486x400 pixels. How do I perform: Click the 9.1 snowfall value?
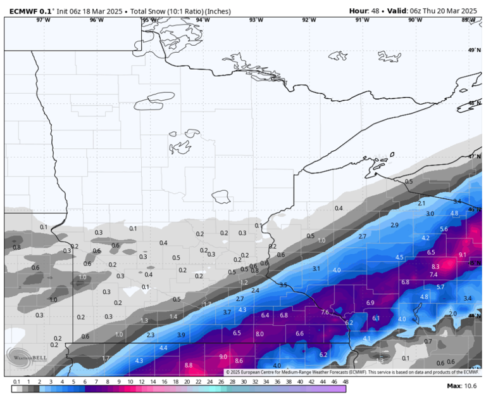tap(462, 255)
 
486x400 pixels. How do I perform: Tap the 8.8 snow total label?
tap(189, 365)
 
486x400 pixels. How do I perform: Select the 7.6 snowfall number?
tap(325, 312)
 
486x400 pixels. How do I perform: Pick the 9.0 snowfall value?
tap(223, 357)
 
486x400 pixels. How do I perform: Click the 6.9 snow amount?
tap(370, 303)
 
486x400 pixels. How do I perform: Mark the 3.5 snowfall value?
tap(283, 286)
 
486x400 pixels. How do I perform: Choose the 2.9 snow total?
tap(395, 225)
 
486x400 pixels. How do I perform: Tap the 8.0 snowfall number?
tap(259, 333)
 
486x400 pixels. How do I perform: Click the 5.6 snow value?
tap(444, 229)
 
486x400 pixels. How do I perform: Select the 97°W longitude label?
tap(43, 20)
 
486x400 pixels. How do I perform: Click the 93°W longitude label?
tap(256, 20)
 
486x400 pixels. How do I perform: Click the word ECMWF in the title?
tap(22, 11)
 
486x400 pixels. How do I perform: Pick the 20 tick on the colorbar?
tap(187, 381)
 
